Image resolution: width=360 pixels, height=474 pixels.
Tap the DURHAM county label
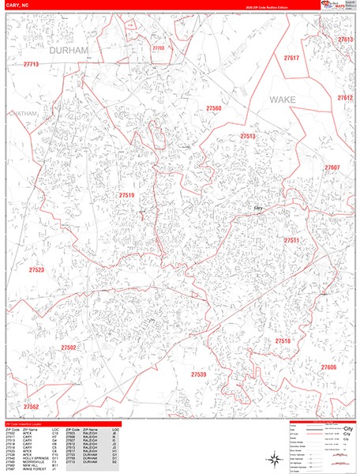point(69,50)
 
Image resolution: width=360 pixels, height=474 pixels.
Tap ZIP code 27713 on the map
point(32,64)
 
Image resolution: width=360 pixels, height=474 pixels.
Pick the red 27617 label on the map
point(291,58)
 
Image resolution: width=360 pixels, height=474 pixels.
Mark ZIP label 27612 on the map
point(344,98)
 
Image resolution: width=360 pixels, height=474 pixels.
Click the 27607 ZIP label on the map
point(332,167)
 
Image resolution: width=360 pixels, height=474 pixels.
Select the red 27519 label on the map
point(127,195)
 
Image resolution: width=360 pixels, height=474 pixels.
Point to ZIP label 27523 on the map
point(36,270)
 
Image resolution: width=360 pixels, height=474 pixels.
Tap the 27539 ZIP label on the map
point(199,374)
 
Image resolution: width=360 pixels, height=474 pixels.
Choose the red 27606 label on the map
point(328,367)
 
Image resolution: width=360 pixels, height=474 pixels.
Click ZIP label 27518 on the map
point(283,340)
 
